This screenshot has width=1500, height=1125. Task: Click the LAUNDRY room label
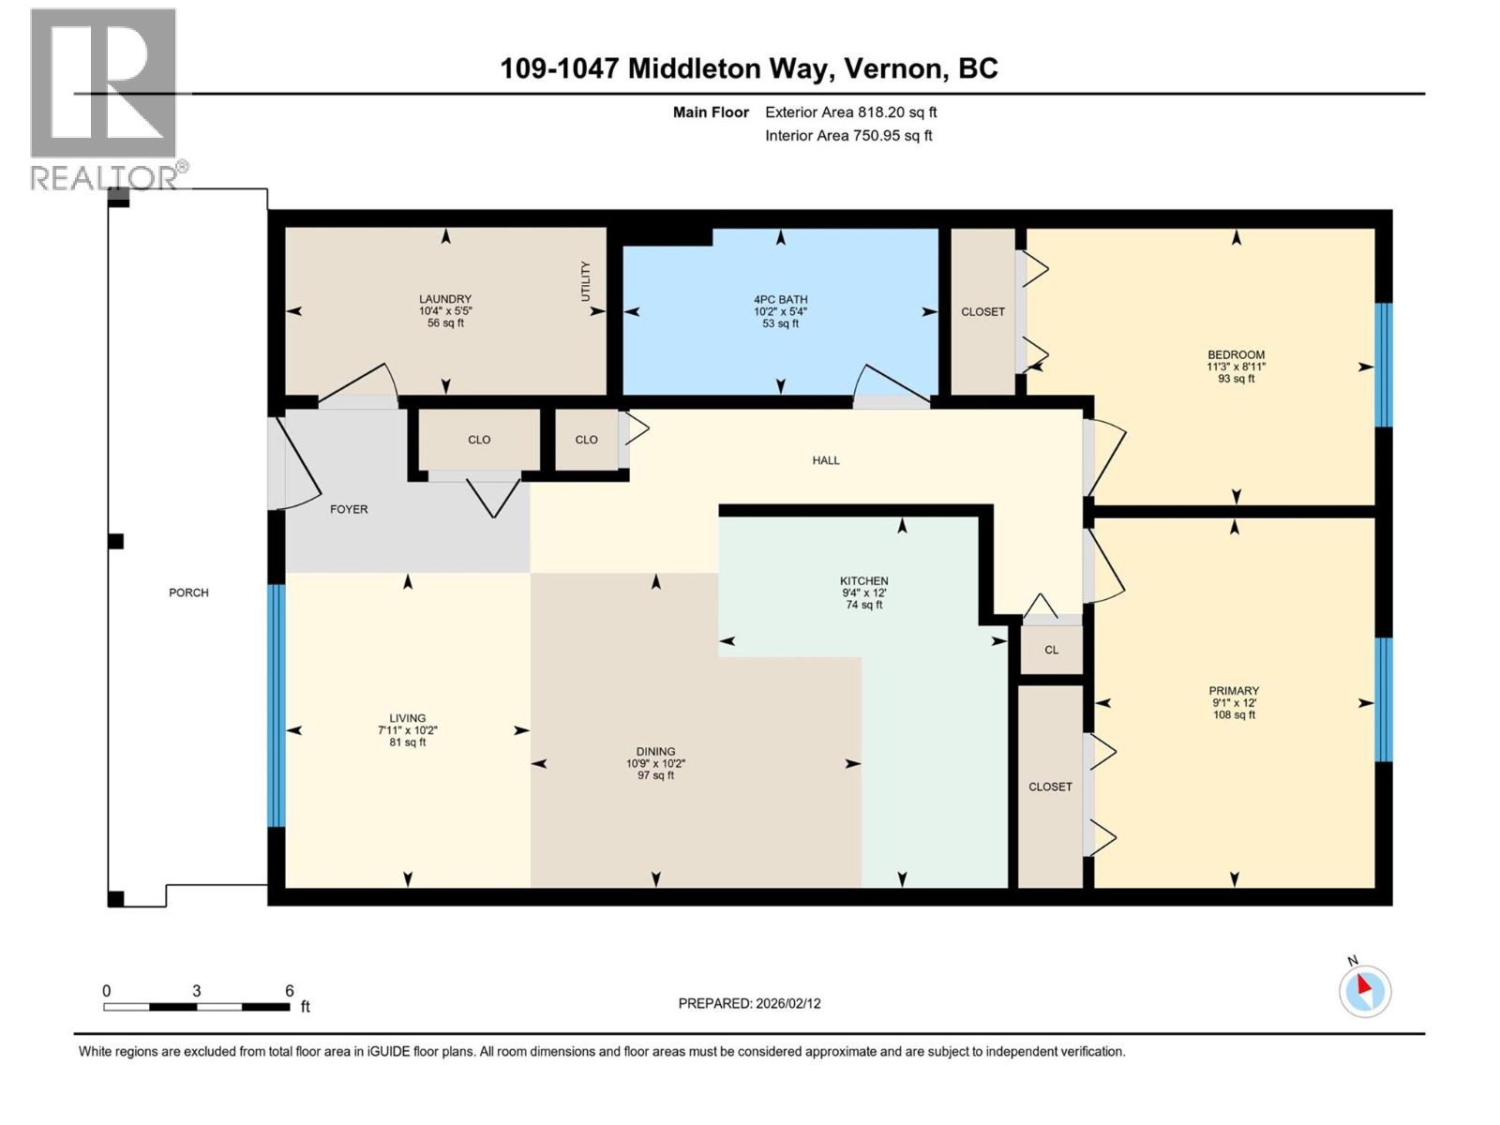(x=445, y=299)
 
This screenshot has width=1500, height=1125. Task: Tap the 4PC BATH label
(x=780, y=300)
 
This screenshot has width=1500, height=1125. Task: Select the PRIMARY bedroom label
(x=1234, y=690)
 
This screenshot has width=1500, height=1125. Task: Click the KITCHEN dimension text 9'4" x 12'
(x=863, y=593)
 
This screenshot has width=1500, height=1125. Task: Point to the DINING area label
(x=655, y=751)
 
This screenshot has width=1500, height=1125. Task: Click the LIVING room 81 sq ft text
(x=408, y=742)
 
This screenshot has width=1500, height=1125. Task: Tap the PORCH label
(x=188, y=592)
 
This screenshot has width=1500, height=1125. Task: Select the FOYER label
(x=349, y=509)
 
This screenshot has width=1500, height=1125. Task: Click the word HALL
(x=826, y=460)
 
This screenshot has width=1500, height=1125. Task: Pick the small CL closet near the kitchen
(x=1051, y=650)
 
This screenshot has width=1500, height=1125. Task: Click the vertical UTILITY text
(x=586, y=281)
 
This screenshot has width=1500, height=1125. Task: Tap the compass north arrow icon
(x=1364, y=990)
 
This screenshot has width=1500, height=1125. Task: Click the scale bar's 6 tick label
(x=290, y=991)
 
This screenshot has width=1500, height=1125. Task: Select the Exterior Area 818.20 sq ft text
(x=850, y=112)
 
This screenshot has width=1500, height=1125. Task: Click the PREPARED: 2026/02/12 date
(x=749, y=1003)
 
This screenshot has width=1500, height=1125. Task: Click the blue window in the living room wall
(x=276, y=705)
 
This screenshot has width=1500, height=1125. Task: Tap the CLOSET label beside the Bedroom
(x=982, y=311)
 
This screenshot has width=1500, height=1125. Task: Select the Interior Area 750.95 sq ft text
(x=848, y=135)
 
